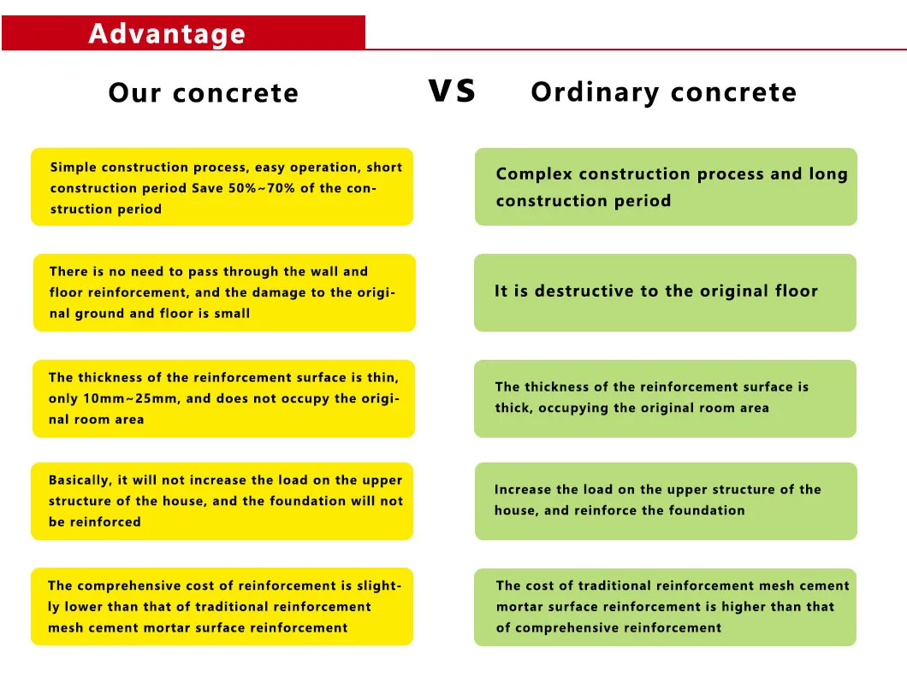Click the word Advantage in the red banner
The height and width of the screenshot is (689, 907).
167,34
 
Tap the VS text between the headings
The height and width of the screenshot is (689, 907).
451,91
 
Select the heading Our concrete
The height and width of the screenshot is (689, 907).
204,93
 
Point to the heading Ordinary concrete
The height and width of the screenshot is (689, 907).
663,92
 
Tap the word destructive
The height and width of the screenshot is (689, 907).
590,291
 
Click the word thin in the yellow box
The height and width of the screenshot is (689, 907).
382,377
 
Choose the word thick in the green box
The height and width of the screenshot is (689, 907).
513,409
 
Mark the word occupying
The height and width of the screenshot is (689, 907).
572,409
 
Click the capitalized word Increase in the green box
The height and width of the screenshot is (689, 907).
524,490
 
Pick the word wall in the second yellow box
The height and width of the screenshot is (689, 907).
324,272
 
